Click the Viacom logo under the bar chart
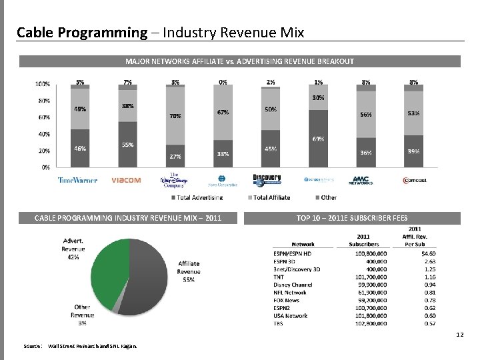[126, 180]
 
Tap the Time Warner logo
[77, 180]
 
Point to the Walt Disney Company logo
[175, 181]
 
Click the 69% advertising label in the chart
[319, 139]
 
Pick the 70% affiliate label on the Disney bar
[175, 116]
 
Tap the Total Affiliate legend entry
[271, 197]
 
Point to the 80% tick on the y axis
[42, 101]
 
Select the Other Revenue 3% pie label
[83, 315]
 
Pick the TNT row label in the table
[280, 275]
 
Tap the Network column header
[303, 243]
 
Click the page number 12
[459, 335]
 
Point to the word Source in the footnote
[32, 346]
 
